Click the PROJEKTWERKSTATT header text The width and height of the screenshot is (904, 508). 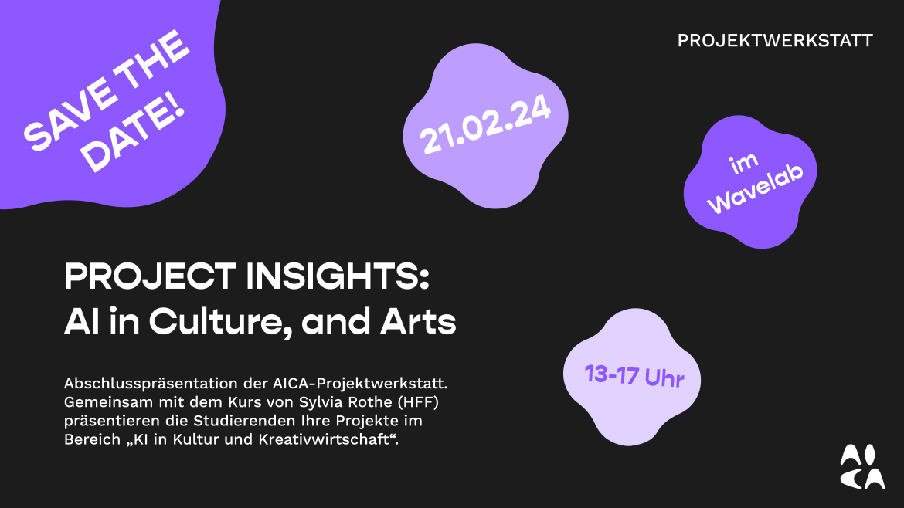coord(775,41)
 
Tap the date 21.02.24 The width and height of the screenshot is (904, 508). coord(485,125)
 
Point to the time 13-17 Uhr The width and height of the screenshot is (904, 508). coord(634,376)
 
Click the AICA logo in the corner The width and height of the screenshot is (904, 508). coord(862,466)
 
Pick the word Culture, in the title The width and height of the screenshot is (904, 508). coord(219,323)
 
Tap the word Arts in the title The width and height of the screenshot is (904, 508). coord(418,322)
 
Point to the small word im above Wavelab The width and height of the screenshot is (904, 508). coord(744,164)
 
